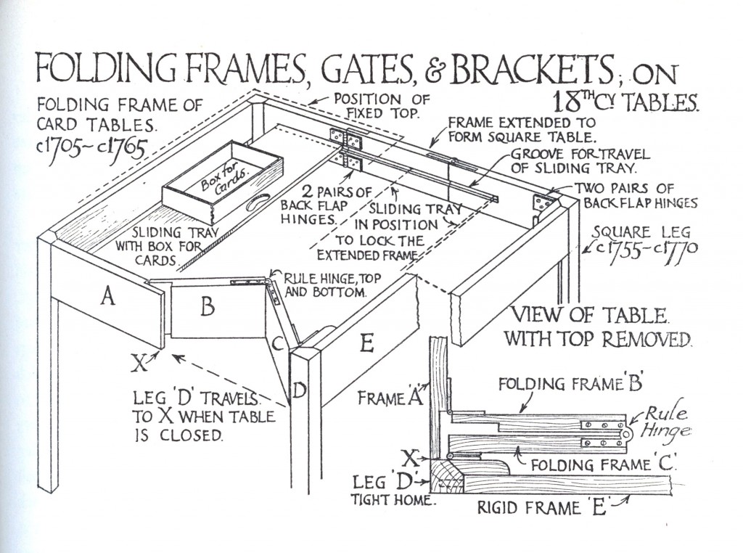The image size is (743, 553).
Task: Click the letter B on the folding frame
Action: (208, 308)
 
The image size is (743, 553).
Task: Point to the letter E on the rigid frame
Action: (366, 342)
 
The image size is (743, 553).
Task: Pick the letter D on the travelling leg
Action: (300, 391)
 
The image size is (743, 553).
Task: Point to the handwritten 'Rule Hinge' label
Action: (664, 422)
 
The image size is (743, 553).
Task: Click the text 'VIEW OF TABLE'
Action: (588, 316)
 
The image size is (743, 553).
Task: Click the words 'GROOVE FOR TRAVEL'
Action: (580, 155)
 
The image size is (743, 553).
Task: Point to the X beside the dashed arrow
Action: (139, 361)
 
